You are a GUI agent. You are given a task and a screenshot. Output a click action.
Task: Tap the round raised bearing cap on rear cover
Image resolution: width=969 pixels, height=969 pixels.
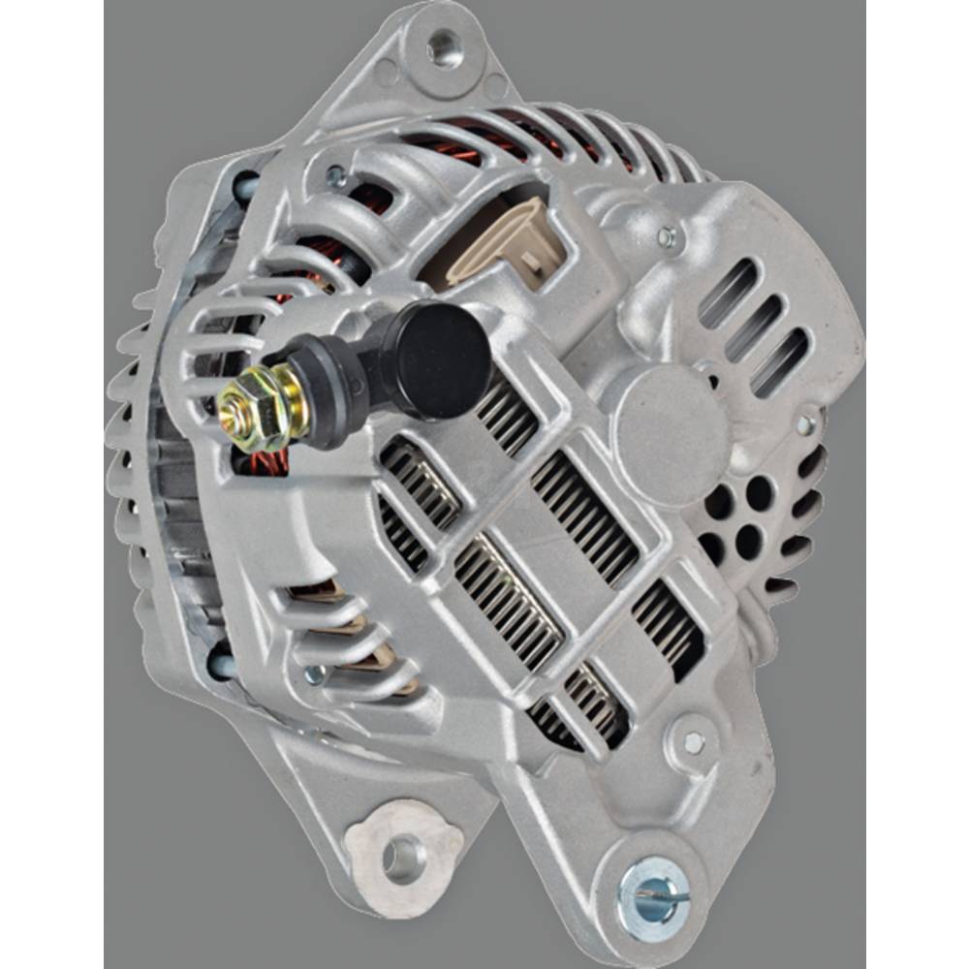668,435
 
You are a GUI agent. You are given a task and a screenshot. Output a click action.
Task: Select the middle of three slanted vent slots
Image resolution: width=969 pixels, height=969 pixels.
754,326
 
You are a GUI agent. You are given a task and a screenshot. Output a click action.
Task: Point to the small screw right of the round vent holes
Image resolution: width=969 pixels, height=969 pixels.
805,424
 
